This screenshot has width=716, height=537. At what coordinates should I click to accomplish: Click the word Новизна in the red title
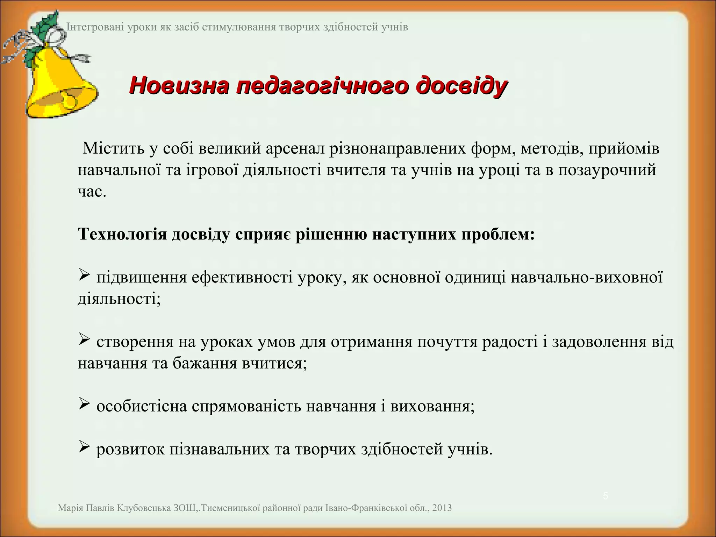178,86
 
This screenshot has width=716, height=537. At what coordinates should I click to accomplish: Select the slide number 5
606,496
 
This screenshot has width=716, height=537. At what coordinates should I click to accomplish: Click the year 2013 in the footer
442,508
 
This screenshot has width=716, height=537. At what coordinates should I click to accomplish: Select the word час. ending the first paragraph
92,192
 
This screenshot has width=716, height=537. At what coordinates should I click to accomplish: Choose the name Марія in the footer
70,508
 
